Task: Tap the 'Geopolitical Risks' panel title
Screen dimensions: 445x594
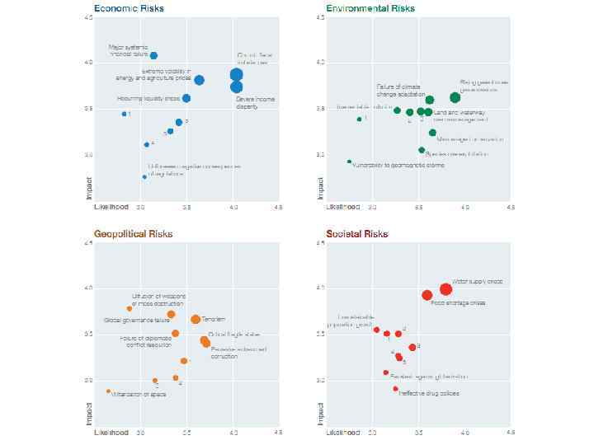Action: pos(134,234)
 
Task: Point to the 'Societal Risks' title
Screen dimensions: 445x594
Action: pos(357,234)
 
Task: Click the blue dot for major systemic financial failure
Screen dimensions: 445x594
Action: pos(153,56)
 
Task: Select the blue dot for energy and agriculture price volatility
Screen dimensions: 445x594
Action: pos(200,80)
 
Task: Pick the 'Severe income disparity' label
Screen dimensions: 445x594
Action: pos(255,103)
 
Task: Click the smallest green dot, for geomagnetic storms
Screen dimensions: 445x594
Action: pos(349,162)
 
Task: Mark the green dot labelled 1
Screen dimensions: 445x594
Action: pos(359,119)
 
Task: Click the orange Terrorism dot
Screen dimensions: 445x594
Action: pos(196,320)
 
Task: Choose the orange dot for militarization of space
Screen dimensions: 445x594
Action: pos(108,391)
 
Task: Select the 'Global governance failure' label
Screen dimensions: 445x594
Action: pos(136,320)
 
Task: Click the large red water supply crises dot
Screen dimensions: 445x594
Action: pos(445,289)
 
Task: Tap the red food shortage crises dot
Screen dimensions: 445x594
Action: pos(427,295)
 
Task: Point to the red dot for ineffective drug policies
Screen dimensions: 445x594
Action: pos(395,389)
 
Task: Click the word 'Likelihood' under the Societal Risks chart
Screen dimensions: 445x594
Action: pos(343,432)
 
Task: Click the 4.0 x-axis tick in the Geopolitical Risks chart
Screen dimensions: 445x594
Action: pos(234,432)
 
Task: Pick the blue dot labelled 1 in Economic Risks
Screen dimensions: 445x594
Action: pos(124,114)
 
